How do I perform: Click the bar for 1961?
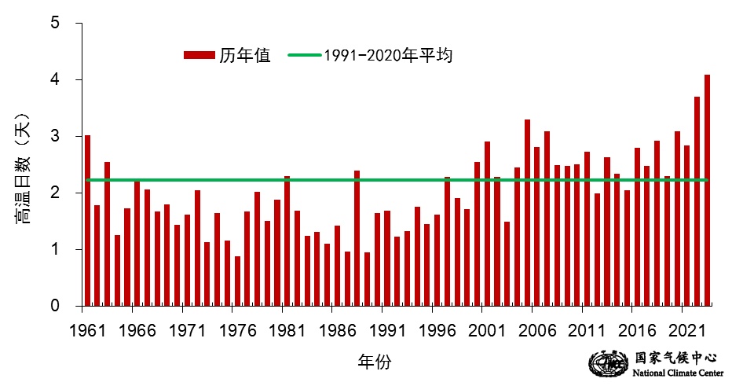(87, 220)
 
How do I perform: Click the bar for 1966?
(137, 243)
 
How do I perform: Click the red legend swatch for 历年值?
(199, 55)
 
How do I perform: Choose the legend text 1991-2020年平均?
(389, 55)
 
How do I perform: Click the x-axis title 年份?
(375, 362)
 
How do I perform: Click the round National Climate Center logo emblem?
(603, 363)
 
